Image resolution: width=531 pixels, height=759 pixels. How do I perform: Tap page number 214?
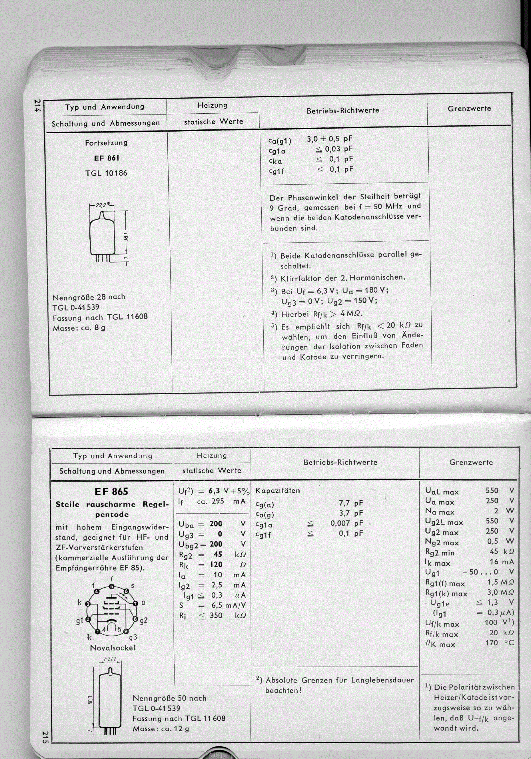[x=37, y=105]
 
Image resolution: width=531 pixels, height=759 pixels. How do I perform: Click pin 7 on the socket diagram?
[x=135, y=603]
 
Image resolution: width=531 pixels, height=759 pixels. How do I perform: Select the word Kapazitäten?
[x=278, y=491]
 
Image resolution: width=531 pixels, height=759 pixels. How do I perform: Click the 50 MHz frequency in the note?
[x=388, y=207]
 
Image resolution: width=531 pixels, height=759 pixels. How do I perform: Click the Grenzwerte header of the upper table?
[x=469, y=109]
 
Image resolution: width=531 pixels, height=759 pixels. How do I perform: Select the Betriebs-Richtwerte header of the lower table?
[x=340, y=462]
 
